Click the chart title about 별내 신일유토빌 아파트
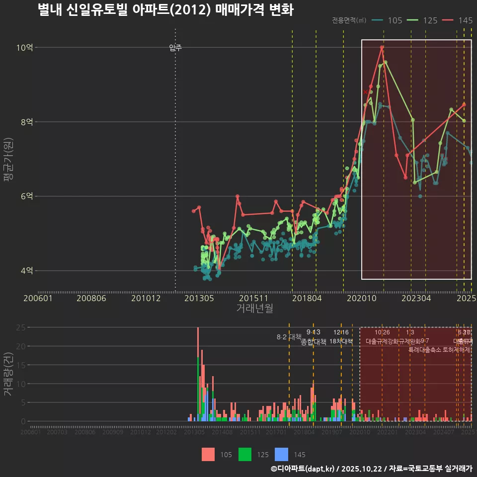tap(165, 10)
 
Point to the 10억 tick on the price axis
tap(24, 48)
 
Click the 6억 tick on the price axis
tap(26, 196)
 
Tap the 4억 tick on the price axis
tap(26, 271)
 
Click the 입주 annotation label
tap(175, 48)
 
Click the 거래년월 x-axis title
tap(254, 309)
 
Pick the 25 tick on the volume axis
tap(21, 327)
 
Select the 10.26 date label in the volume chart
tap(382, 332)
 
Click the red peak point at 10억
tap(382, 48)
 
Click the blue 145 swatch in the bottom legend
tap(282, 454)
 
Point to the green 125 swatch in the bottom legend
tap(245, 454)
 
